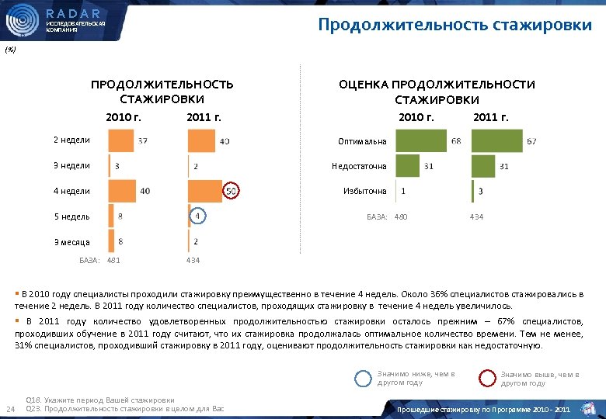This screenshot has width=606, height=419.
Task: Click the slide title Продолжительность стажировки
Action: point(454,25)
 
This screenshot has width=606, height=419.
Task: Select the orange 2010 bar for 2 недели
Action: point(120,140)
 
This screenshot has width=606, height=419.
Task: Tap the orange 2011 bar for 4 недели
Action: point(205,191)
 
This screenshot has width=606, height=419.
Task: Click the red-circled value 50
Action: point(232,191)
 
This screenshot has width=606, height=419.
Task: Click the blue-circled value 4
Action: point(198,216)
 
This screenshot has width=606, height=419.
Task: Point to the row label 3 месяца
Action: point(71,242)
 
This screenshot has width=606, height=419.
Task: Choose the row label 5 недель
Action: point(71,216)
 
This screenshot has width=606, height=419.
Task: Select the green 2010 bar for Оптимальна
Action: point(420,141)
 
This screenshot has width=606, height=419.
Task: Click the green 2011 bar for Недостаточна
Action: point(482,166)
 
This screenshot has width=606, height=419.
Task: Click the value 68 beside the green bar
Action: point(455,141)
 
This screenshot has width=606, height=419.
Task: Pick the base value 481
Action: point(113,260)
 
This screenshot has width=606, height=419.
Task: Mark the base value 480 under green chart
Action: point(401,216)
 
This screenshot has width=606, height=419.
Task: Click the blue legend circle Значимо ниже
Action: point(363,378)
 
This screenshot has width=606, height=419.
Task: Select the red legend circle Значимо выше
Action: point(487,378)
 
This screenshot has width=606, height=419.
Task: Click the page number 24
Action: point(10,410)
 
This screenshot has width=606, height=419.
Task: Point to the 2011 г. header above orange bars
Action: point(204,118)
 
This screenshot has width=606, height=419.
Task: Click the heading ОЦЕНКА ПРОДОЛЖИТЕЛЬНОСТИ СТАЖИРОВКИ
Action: point(437,92)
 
